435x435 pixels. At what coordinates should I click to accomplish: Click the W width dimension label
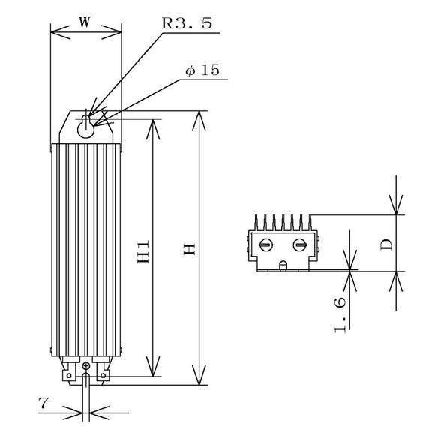(84, 22)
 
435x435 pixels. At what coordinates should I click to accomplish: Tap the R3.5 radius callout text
(187, 23)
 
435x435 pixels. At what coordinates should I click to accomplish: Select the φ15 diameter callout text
(202, 70)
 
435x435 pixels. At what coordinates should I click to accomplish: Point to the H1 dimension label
(144, 251)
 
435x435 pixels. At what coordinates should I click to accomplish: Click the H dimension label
(190, 249)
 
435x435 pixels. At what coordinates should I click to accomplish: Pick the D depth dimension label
(386, 244)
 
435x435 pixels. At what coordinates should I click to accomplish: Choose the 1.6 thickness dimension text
(340, 315)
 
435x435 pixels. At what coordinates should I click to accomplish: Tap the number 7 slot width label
(43, 403)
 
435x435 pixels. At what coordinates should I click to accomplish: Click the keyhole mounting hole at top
(86, 127)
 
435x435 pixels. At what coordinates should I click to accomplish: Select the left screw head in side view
(265, 244)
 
